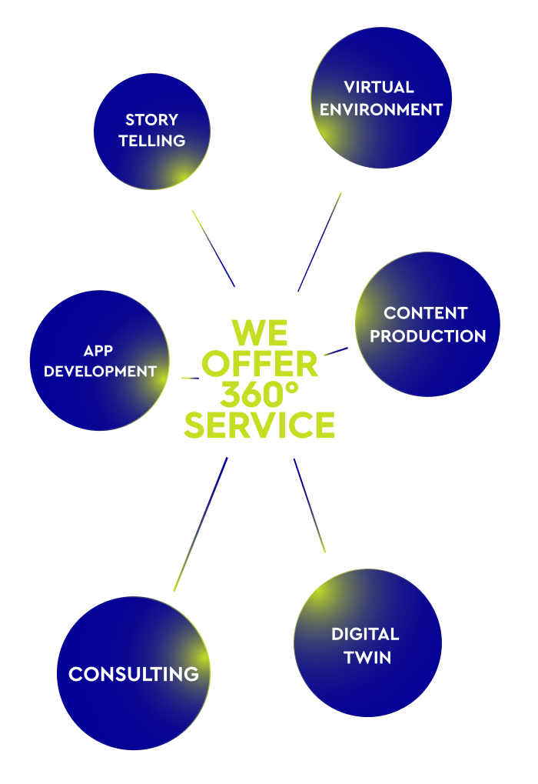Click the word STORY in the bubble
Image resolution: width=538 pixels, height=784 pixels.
click(151, 120)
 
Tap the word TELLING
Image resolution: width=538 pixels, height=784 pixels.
click(151, 141)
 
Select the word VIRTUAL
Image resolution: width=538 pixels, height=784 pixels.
click(379, 87)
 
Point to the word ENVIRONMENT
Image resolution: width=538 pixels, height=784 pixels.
click(381, 110)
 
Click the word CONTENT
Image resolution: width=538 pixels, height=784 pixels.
click(425, 313)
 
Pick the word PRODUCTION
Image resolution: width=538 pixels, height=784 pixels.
click(427, 336)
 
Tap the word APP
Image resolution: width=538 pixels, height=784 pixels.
click(98, 351)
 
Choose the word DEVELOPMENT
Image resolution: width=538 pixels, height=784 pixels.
click(100, 372)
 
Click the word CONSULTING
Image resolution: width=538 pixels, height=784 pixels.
click(134, 675)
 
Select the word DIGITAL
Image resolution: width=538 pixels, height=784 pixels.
click(365, 635)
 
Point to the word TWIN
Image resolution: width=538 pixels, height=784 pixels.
click(367, 658)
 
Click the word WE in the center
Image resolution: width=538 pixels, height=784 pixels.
click(260, 333)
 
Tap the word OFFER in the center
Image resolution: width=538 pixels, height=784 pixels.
click(263, 364)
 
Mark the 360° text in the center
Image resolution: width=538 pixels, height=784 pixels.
click(259, 395)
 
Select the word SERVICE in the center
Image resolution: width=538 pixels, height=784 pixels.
click(259, 425)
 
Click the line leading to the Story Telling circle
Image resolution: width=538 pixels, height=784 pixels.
click(213, 248)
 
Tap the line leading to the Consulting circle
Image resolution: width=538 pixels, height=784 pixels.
click(201, 524)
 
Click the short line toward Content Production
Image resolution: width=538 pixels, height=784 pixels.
click(336, 352)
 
